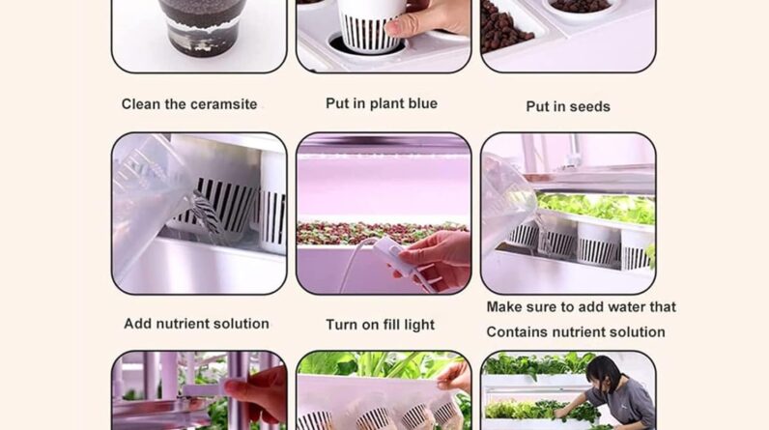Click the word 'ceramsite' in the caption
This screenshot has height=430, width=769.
[224, 104]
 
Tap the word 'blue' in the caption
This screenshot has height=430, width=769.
[420, 103]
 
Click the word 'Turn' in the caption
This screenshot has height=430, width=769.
[341, 325]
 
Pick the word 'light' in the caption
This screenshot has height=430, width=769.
[419, 325]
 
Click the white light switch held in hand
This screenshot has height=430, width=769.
[392, 252]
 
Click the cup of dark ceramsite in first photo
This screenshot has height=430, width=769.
[202, 27]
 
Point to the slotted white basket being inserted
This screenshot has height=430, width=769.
[369, 25]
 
